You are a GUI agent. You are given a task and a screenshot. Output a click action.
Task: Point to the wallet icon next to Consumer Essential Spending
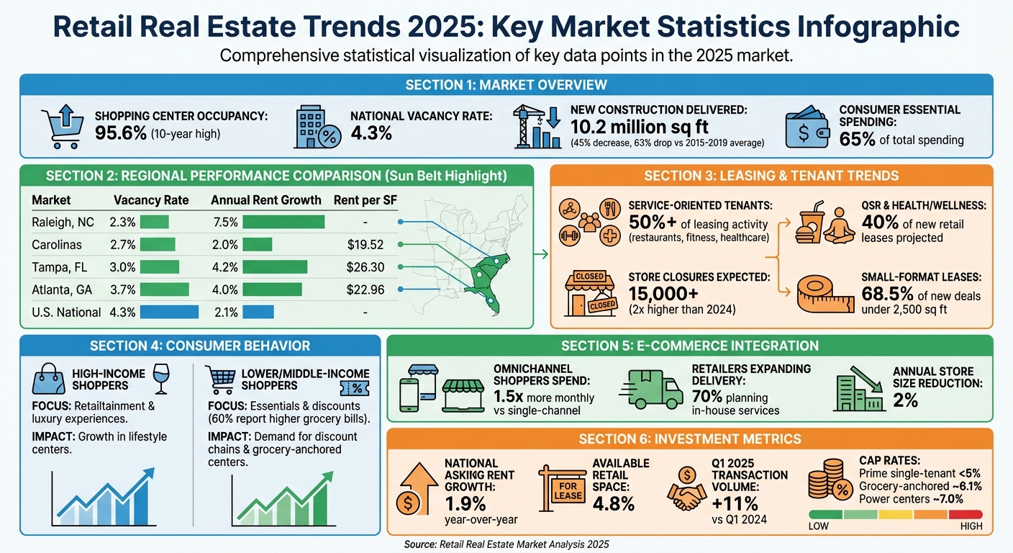(x=810, y=128)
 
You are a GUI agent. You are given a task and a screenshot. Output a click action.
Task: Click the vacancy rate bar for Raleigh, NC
(x=154, y=222)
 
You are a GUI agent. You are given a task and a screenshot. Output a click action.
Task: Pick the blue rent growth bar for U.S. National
(x=258, y=312)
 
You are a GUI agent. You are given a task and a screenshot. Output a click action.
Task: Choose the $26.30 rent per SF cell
(x=365, y=267)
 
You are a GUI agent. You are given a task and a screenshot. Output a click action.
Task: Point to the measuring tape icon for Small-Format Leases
(x=825, y=295)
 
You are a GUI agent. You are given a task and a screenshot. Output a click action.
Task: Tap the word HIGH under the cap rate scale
(x=971, y=526)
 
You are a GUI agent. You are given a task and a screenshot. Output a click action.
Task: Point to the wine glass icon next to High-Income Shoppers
(x=162, y=379)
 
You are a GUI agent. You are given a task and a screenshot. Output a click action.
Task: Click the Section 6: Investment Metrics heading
(x=690, y=439)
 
